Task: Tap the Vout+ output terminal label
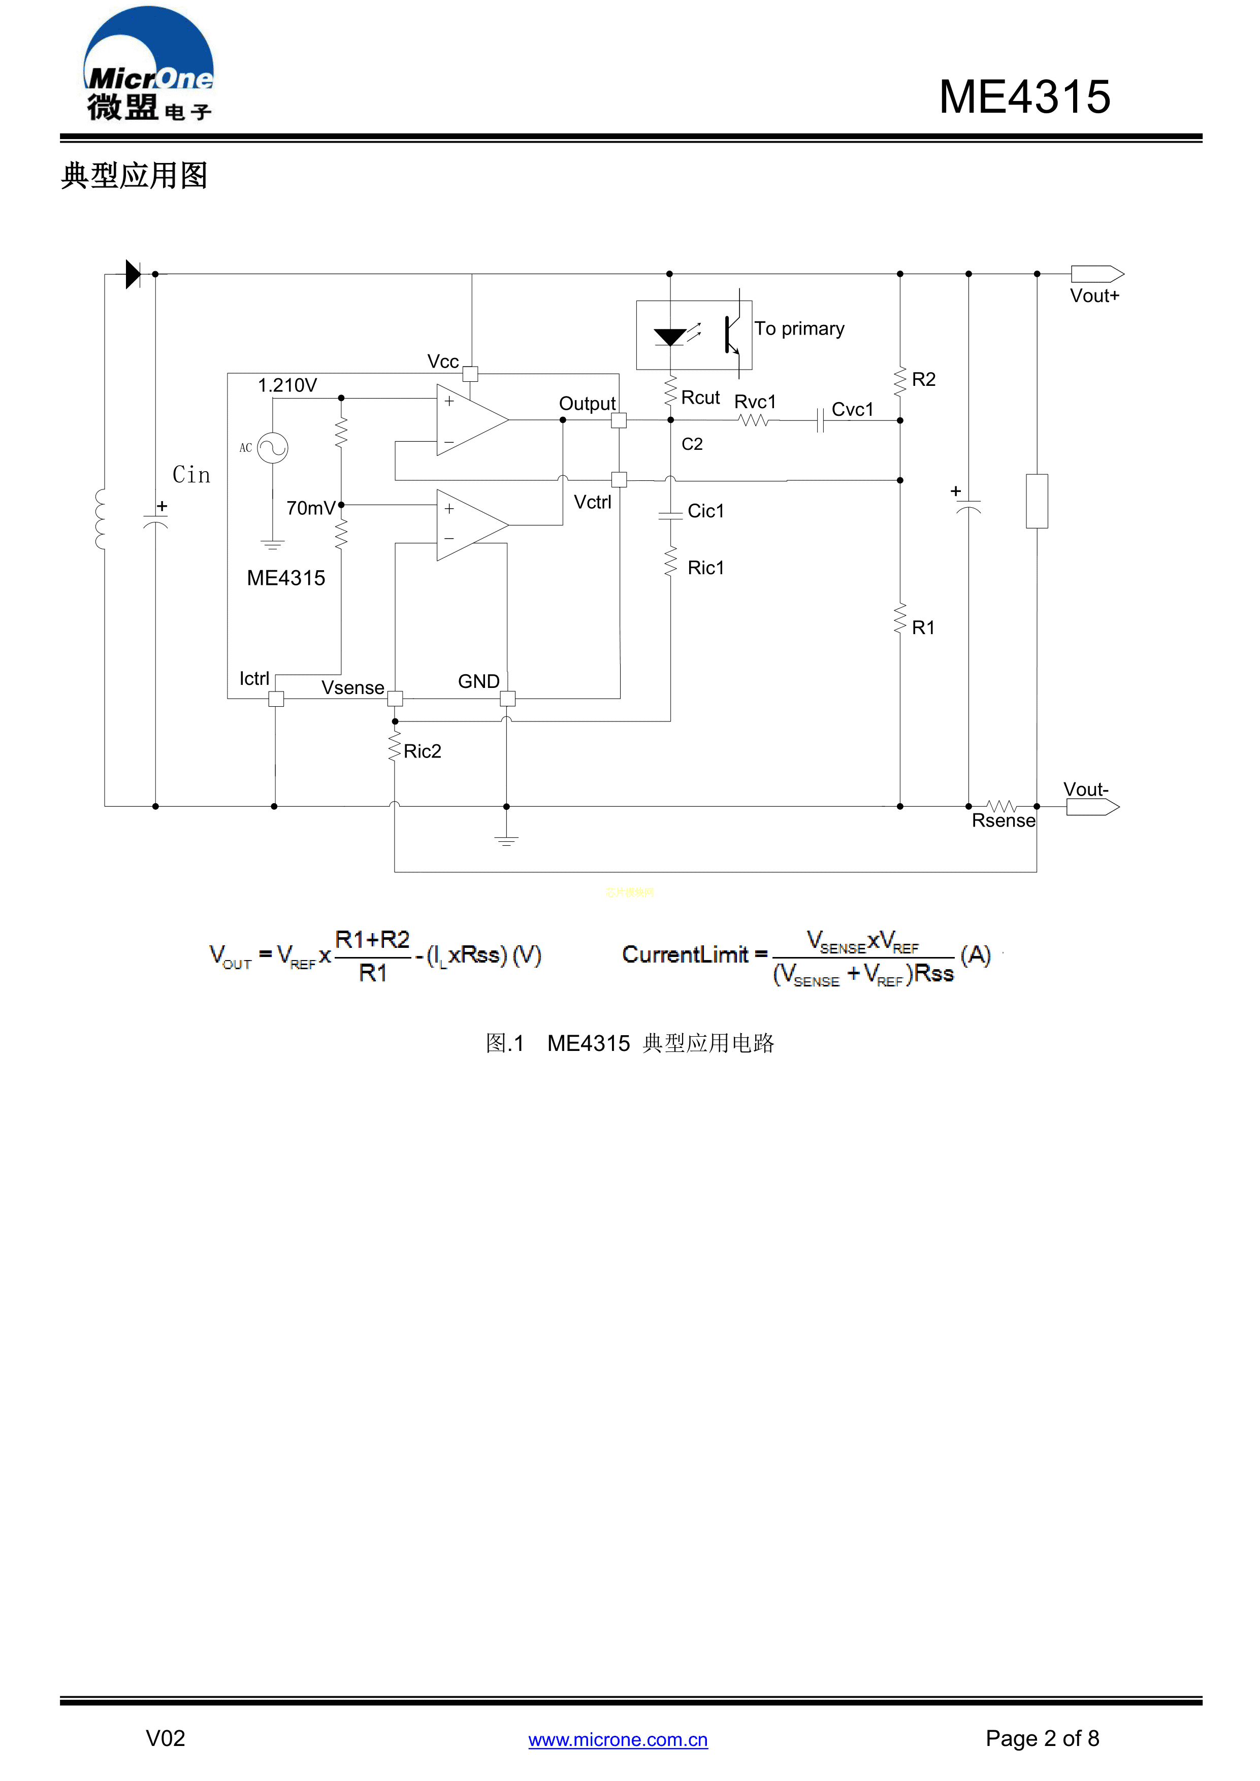coord(1094,296)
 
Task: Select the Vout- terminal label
coord(1085,789)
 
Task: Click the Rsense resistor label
coord(1003,820)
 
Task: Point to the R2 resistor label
coord(923,379)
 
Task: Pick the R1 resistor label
coord(923,628)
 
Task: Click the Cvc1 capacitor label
coord(852,410)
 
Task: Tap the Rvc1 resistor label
coord(755,402)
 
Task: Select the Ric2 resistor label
coord(422,751)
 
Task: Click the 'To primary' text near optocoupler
coord(799,329)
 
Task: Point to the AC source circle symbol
coord(272,448)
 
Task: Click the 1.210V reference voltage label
coord(287,385)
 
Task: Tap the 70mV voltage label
coord(310,508)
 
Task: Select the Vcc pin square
coord(470,374)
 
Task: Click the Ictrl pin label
coord(254,679)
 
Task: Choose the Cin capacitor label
coord(191,475)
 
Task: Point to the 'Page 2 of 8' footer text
coord(1042,1738)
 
